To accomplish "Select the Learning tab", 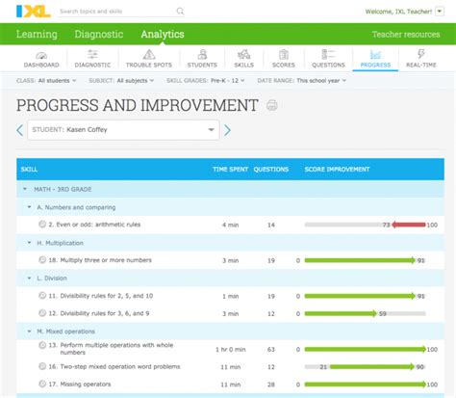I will point(38,35).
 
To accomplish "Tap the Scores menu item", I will point(283,60).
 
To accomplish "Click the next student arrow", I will point(228,130).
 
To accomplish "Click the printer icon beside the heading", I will point(272,105).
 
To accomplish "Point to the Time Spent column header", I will point(229,170).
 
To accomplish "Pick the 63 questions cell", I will point(270,349).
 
